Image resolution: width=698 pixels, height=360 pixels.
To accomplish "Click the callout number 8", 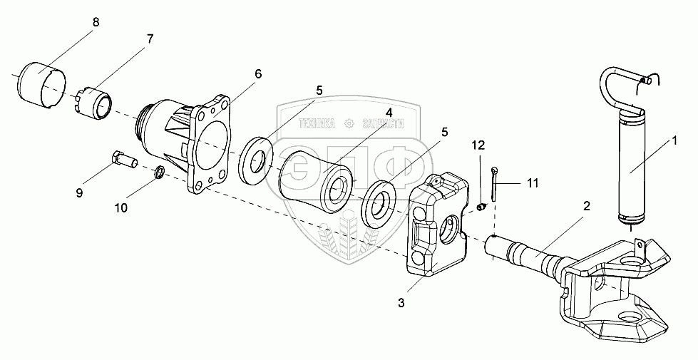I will click(x=96, y=21).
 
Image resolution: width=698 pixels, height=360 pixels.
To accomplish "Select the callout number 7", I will click(x=150, y=39).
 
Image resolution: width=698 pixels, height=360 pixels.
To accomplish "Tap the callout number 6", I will click(x=257, y=74).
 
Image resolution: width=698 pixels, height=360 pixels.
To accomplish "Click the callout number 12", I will click(x=478, y=145).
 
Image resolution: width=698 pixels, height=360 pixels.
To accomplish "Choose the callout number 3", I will click(x=401, y=303).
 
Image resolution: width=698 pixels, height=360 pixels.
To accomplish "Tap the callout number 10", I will click(x=122, y=207).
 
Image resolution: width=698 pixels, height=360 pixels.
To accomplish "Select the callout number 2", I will click(x=586, y=207).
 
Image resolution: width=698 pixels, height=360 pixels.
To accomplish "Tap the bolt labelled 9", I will click(x=125, y=160).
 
